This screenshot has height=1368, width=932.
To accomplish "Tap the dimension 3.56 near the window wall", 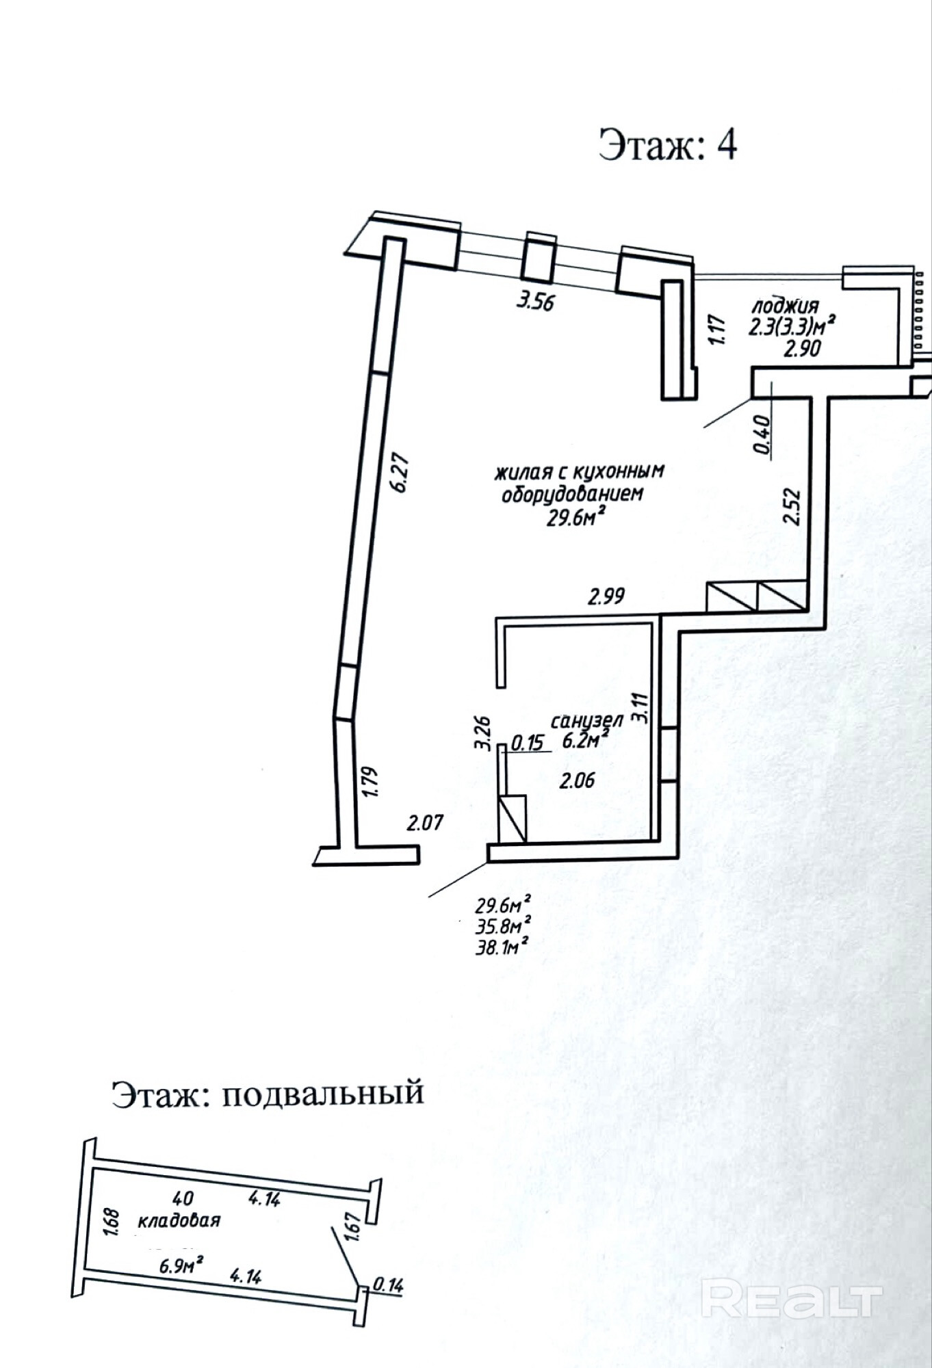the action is point(534,300).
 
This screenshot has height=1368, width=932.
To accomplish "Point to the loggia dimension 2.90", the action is point(802,348).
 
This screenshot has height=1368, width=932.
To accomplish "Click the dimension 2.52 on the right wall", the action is point(792,505).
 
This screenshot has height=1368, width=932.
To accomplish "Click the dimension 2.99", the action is point(606,596).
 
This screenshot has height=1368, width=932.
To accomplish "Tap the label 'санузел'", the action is point(586,721).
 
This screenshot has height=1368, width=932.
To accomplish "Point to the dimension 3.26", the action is point(482,733).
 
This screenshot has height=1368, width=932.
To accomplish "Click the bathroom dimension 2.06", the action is point(577,780).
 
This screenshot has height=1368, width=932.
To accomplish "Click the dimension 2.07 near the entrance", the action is point(425,821).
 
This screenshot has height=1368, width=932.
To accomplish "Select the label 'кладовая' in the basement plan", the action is point(179,1220).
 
